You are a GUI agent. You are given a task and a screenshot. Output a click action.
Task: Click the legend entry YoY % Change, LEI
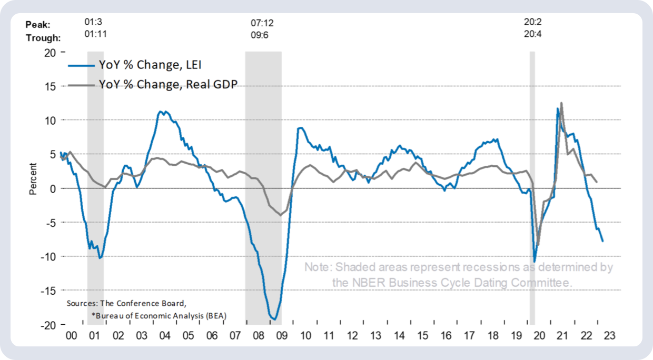150,65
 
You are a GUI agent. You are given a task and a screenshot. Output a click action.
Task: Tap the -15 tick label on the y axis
47,291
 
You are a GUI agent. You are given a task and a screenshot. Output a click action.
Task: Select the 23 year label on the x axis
609,335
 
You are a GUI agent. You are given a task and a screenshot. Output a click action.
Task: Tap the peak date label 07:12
262,23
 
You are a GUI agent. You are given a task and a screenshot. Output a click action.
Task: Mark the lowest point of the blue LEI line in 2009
274,319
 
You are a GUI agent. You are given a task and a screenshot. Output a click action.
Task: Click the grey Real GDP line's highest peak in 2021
561,103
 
